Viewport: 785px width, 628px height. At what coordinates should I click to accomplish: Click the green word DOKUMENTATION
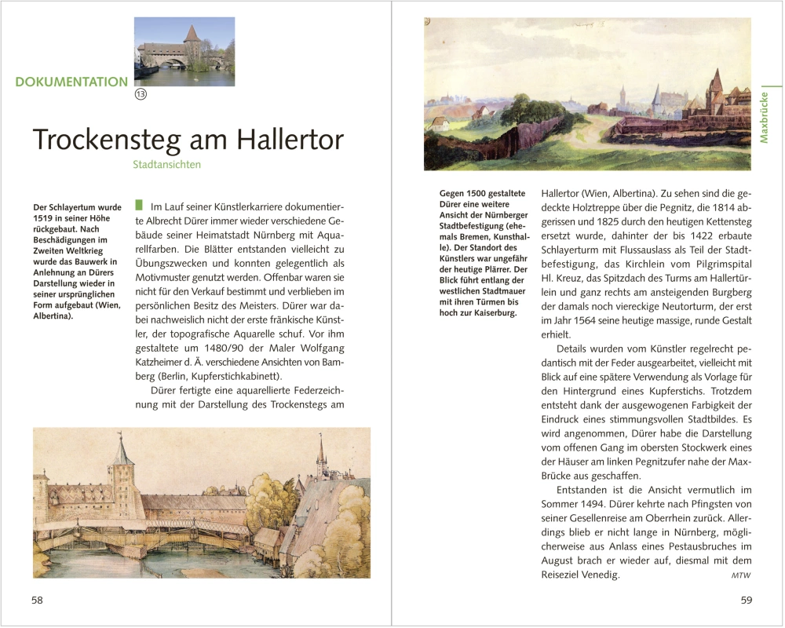pyautogui.click(x=71, y=82)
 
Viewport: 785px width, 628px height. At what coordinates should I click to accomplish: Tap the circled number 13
pyautogui.click(x=141, y=94)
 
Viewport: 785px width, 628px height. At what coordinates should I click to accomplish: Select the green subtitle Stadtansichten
pyautogui.click(x=166, y=165)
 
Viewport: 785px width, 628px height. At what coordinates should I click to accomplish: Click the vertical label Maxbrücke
pyautogui.click(x=764, y=118)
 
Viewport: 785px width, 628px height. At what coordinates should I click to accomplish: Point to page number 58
pyautogui.click(x=37, y=600)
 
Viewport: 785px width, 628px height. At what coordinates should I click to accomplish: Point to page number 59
pyautogui.click(x=746, y=600)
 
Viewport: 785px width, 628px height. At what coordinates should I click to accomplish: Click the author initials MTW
pyautogui.click(x=740, y=575)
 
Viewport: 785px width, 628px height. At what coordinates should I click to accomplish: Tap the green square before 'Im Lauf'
pyautogui.click(x=139, y=205)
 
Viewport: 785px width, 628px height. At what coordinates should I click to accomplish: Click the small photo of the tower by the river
pyautogui.click(x=184, y=52)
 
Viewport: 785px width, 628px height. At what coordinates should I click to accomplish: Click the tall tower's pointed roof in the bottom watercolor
pyautogui.click(x=121, y=451)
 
